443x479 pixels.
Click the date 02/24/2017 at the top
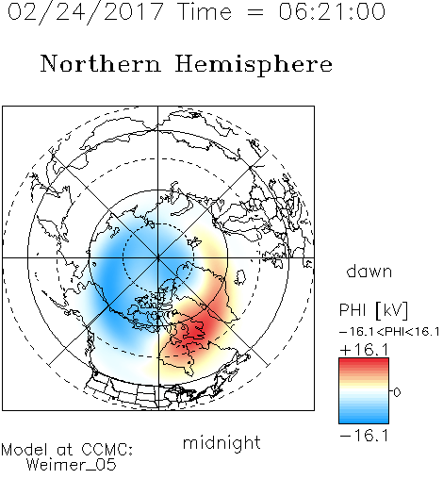(86, 11)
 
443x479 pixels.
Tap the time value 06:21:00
(332, 11)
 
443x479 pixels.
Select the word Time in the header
(205, 11)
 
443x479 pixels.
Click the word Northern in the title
(101, 63)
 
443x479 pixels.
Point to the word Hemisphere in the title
(254, 65)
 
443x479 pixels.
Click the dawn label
(369, 271)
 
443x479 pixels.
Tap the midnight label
(221, 442)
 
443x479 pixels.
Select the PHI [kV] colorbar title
(373, 310)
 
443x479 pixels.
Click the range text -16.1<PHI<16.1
(389, 332)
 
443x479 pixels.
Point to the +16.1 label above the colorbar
(364, 350)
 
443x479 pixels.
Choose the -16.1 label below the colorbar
(364, 436)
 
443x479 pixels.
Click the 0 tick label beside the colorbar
(397, 392)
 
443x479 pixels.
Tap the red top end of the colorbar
(364, 360)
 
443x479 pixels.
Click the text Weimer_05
(72, 465)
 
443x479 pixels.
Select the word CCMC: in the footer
(107, 450)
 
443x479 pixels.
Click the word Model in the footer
(25, 450)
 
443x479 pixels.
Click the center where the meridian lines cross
(158, 257)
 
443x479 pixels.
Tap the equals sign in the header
(255, 12)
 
